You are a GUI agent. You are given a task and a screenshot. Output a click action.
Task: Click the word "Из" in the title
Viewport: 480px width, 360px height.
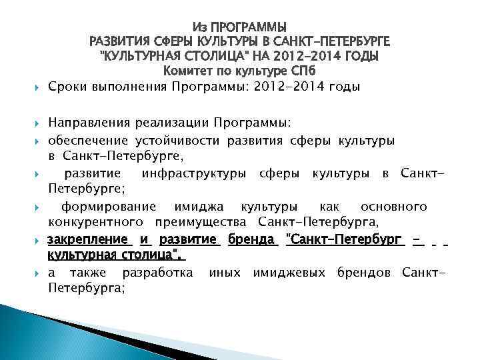point(199,28)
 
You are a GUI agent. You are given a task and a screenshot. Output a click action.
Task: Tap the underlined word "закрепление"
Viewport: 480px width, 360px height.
point(87,239)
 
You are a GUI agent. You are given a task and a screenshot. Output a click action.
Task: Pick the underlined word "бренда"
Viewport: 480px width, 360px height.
point(252,239)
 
